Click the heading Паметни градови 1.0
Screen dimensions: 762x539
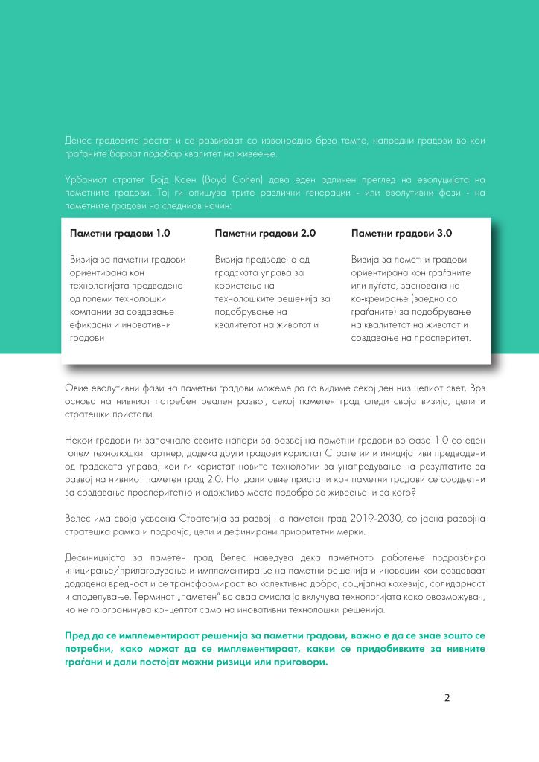tap(120, 233)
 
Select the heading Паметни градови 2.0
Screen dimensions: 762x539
tap(265, 233)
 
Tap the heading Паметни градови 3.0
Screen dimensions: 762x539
tap(401, 233)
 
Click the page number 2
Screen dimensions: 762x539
tap(447, 697)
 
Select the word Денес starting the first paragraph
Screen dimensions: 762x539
tap(78, 141)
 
